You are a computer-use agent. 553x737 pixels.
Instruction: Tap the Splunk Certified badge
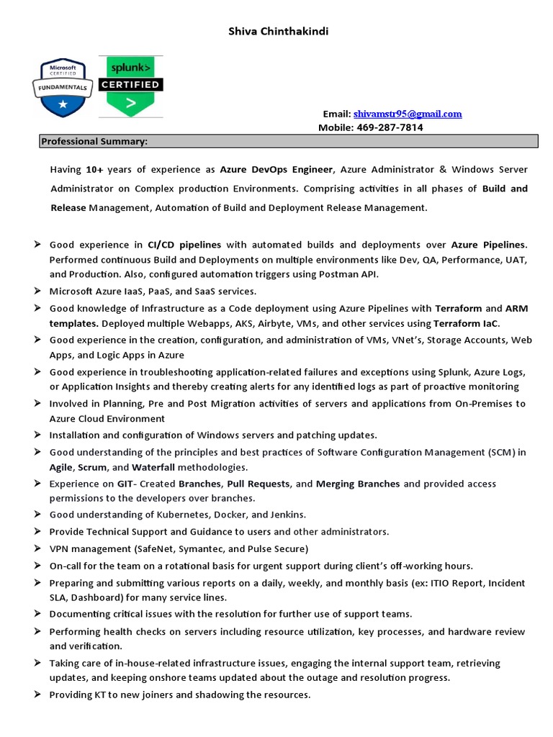pos(130,86)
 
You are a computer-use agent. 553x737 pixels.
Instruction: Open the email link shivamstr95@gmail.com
pos(408,114)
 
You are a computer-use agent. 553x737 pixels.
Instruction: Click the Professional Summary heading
pos(94,142)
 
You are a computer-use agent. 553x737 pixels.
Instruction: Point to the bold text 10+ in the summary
pos(95,169)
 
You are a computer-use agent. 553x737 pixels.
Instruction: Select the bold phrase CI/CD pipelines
pos(184,245)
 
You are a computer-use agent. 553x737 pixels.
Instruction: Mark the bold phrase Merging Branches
pos(358,484)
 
